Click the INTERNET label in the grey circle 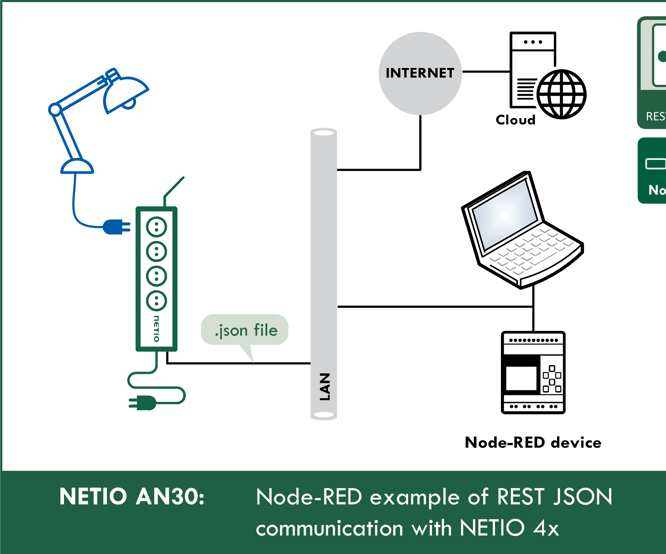pyautogui.click(x=420, y=73)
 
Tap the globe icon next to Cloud pyautogui.click(x=561, y=94)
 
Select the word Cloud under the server pyautogui.click(x=516, y=120)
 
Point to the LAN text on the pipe pyautogui.click(x=324, y=387)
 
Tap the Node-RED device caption pyautogui.click(x=533, y=443)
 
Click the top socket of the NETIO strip pyautogui.click(x=157, y=227)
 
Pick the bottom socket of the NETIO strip pyautogui.click(x=157, y=301)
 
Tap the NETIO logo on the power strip pyautogui.click(x=157, y=328)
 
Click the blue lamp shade pyautogui.click(x=124, y=94)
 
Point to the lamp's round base pyautogui.click(x=77, y=167)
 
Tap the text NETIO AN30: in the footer pyautogui.click(x=132, y=496)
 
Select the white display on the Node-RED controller pyautogui.click(x=521, y=378)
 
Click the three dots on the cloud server pyautogui.click(x=533, y=42)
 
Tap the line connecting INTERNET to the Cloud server pyautogui.click(x=486, y=72)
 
